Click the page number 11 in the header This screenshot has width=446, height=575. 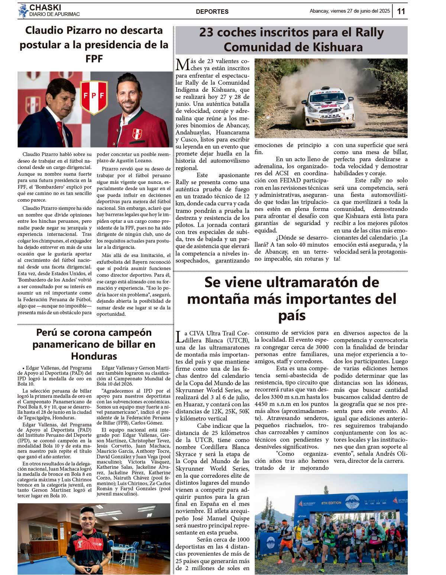pyautogui.click(x=401, y=11)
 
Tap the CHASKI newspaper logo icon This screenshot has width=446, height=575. pyautogui.click(x=23, y=11)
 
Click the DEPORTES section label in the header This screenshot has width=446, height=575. pyautogui.click(x=212, y=12)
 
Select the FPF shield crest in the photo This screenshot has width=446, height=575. pyautogui.click(x=94, y=97)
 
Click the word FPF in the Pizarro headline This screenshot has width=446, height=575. pyautogui.click(x=94, y=59)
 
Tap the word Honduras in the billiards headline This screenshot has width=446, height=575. pyautogui.click(x=94, y=356)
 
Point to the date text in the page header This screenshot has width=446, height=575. pyautogui.click(x=350, y=11)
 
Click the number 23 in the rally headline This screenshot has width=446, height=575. pyautogui.click(x=206, y=33)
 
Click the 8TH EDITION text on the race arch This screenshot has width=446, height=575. pyautogui.click(x=331, y=503)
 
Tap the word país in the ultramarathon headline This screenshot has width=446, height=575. pyautogui.click(x=292, y=316)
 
